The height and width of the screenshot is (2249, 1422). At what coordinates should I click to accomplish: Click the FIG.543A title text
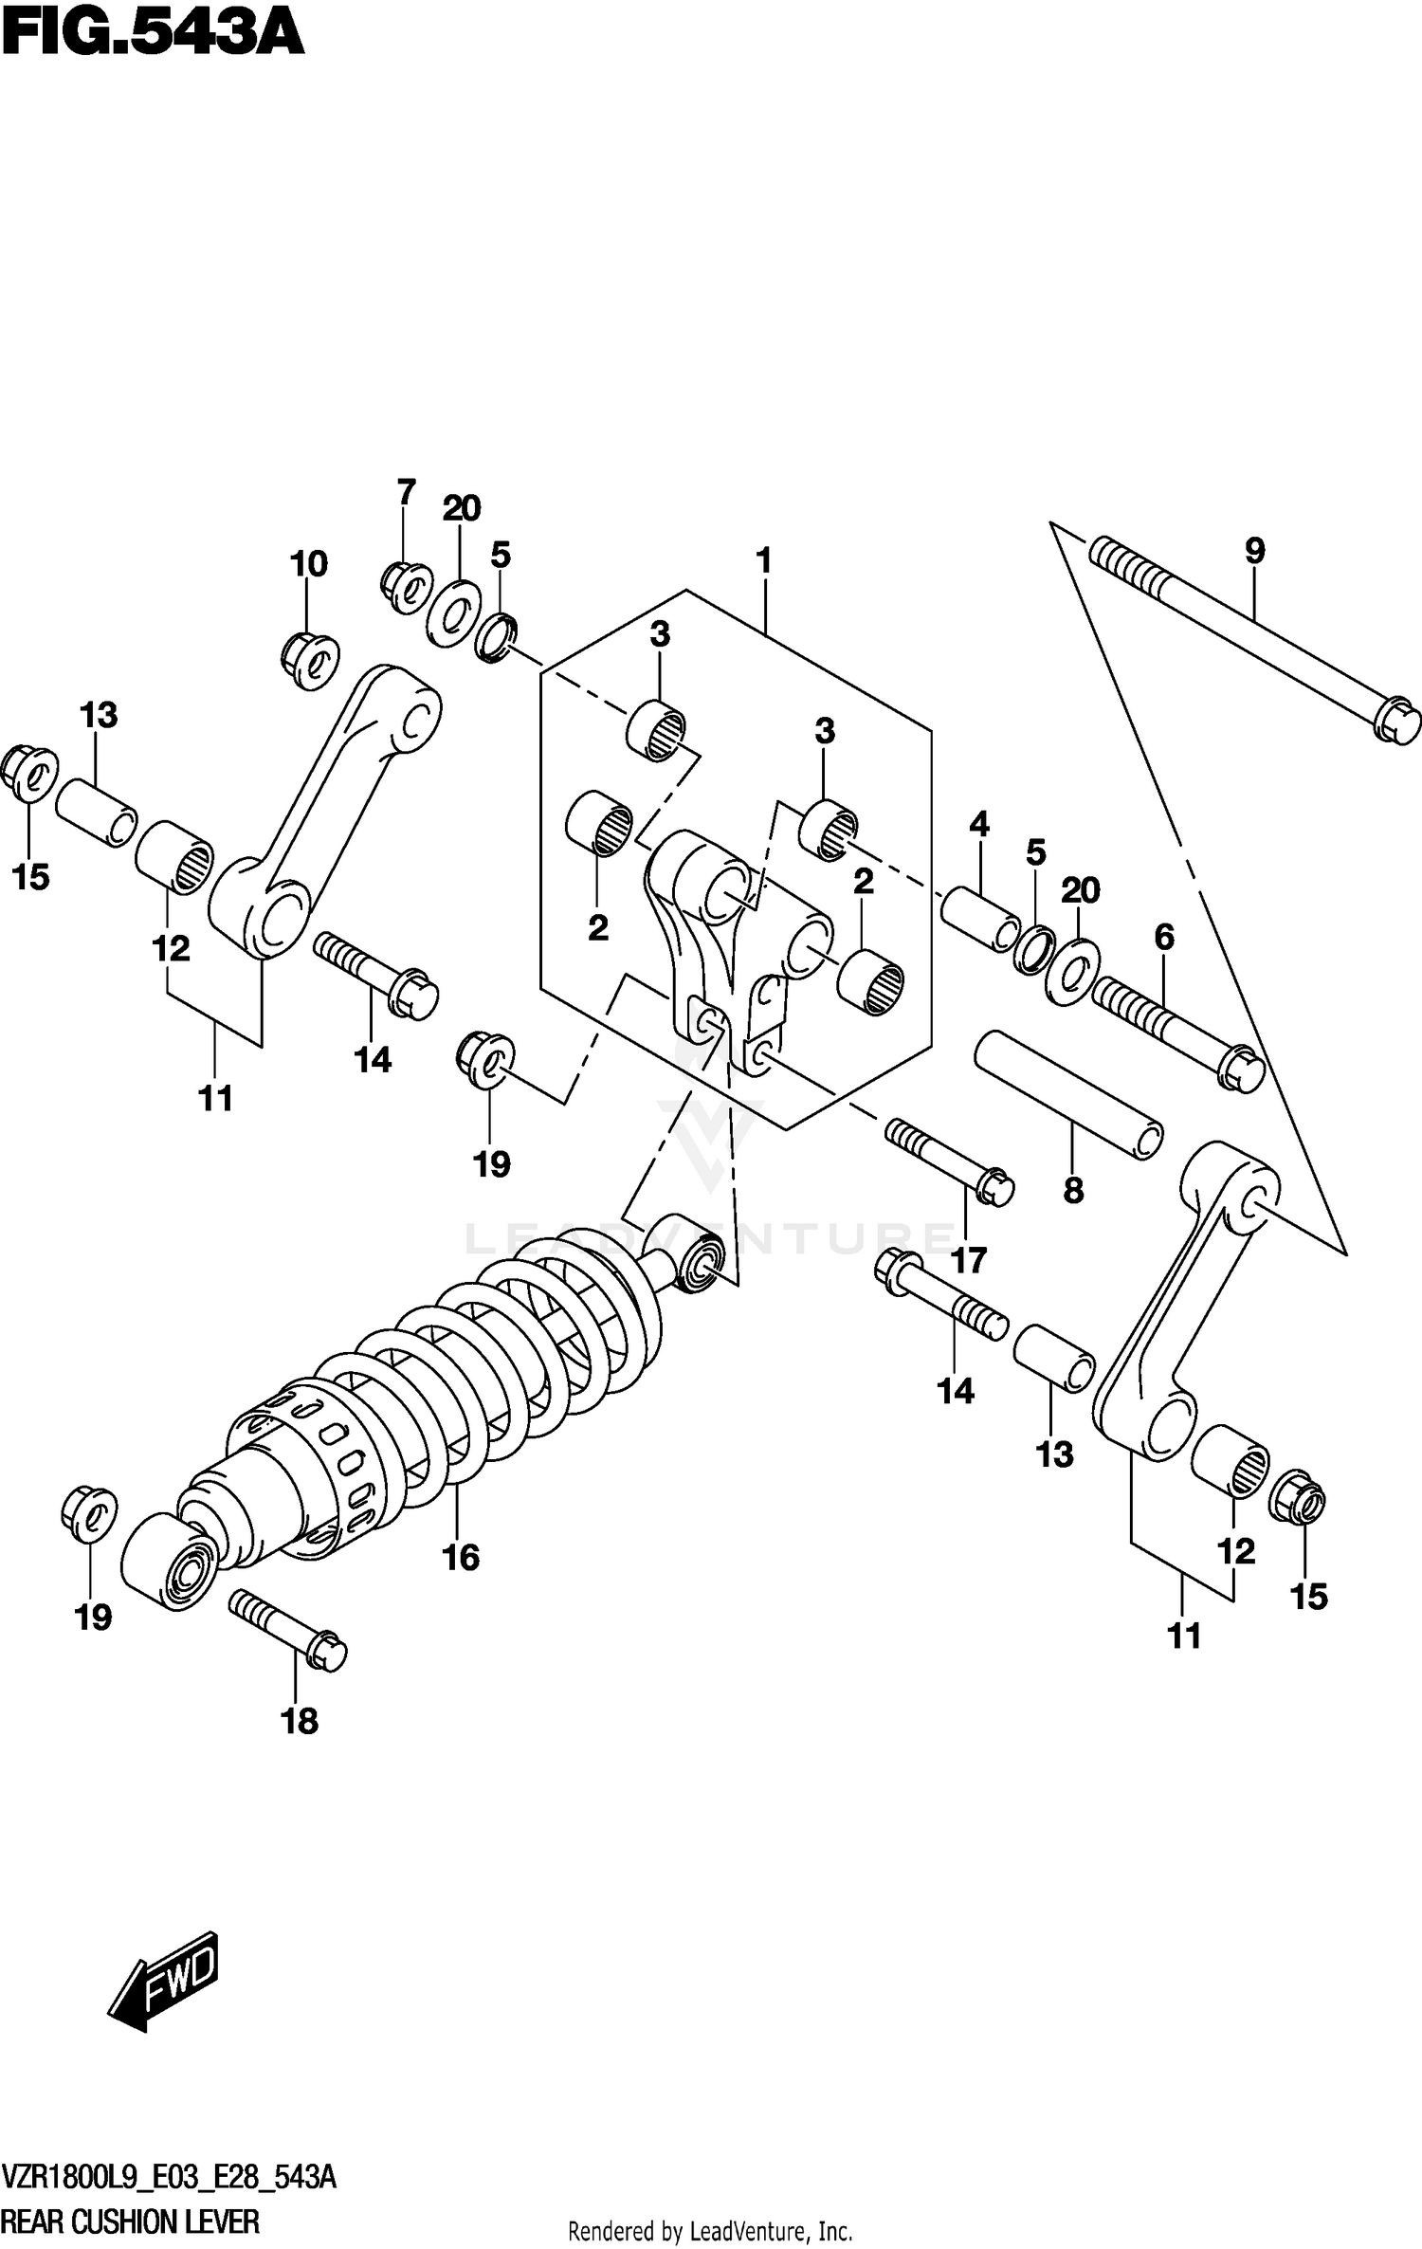pyautogui.click(x=152, y=36)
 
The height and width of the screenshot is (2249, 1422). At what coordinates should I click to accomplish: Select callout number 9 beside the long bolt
pyautogui.click(x=1254, y=551)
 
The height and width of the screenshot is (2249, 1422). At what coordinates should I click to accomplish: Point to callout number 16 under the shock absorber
pyautogui.click(x=461, y=1558)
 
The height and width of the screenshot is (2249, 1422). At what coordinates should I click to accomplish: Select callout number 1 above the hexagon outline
pyautogui.click(x=764, y=561)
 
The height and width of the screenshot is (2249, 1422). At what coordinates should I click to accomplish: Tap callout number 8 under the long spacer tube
pyautogui.click(x=1073, y=1191)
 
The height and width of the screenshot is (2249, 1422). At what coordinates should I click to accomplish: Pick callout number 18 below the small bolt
pyautogui.click(x=300, y=1722)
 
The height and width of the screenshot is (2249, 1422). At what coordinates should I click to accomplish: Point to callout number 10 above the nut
pyautogui.click(x=309, y=564)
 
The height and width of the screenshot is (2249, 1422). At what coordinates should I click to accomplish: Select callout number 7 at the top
pyautogui.click(x=406, y=493)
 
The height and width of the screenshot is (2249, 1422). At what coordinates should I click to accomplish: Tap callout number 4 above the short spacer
pyautogui.click(x=979, y=825)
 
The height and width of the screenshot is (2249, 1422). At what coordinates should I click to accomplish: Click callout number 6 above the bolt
pyautogui.click(x=1164, y=939)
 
